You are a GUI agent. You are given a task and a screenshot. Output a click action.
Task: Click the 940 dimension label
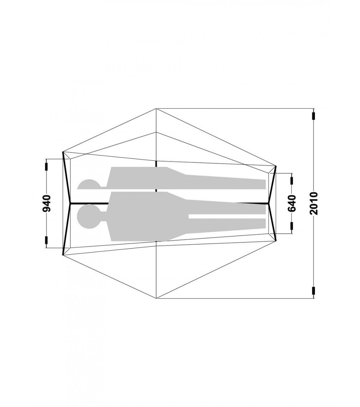coord(47,203)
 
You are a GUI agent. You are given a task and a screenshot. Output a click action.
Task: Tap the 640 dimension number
coord(292,203)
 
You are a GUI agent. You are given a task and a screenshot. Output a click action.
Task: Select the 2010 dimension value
coord(314,203)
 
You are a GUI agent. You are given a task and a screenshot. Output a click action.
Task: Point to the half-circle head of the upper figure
coord(89,184)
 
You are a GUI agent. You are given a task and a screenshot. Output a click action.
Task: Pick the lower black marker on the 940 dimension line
coord(47,241)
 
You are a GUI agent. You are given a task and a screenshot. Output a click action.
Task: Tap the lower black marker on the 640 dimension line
coord(292,226)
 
